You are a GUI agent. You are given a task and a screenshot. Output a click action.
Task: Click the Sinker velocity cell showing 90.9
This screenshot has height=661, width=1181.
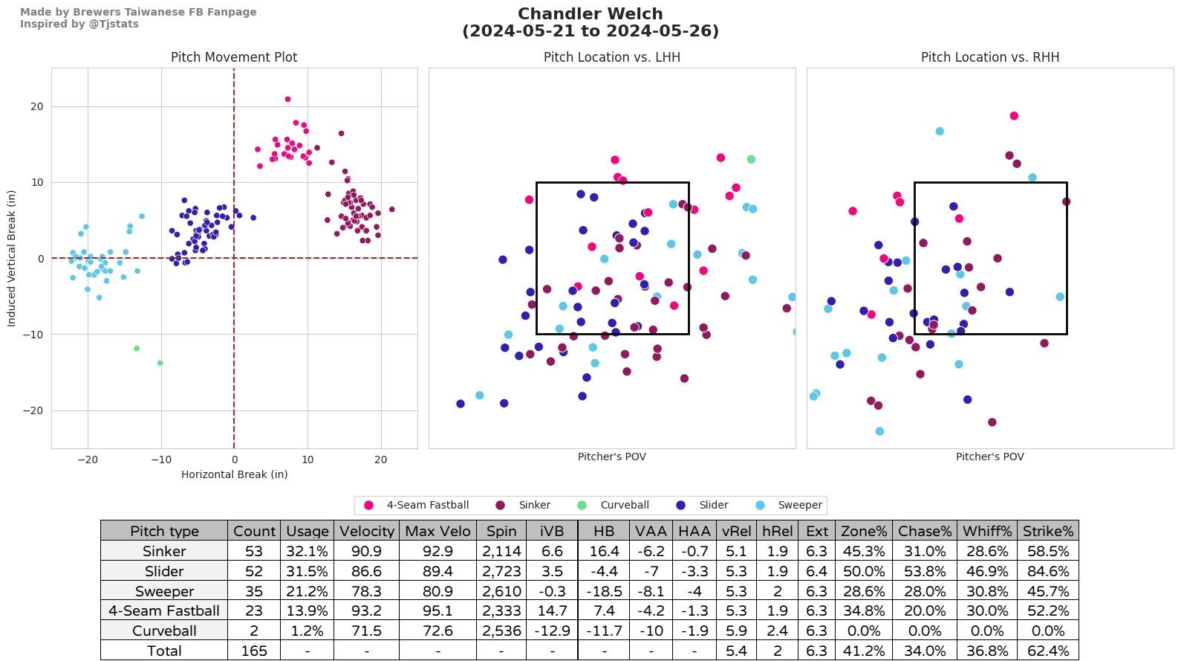click(366, 551)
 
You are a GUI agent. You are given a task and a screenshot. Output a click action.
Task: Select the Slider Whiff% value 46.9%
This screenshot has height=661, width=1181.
click(986, 571)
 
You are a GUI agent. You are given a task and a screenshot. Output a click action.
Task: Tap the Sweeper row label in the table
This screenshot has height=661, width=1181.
click(164, 591)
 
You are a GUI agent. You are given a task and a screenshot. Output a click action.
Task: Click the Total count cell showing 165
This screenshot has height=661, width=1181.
click(254, 651)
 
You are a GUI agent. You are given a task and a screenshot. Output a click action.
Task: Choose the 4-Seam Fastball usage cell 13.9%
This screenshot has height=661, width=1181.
click(307, 610)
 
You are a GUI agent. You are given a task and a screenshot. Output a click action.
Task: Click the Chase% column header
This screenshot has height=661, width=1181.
click(924, 531)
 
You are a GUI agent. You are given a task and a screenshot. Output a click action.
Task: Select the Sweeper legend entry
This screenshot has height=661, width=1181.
click(799, 505)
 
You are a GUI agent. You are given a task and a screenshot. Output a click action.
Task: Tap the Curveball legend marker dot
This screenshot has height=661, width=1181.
click(582, 506)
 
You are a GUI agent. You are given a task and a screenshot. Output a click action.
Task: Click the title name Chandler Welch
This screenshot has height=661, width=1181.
click(590, 14)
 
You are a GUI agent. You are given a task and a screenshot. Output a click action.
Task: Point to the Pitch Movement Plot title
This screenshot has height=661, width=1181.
click(234, 57)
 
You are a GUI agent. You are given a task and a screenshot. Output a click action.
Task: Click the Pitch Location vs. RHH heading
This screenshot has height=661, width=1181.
click(989, 57)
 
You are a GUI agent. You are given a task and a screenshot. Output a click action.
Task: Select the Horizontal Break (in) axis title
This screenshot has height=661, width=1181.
click(234, 474)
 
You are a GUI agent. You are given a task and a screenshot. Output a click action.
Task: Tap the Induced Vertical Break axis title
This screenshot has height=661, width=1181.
click(11, 258)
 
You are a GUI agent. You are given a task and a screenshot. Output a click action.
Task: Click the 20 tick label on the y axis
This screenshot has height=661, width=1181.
click(36, 106)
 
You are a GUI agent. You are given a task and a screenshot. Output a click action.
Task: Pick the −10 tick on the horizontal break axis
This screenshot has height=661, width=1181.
click(160, 460)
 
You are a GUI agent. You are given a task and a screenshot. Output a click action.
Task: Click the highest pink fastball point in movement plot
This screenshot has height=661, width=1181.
click(287, 99)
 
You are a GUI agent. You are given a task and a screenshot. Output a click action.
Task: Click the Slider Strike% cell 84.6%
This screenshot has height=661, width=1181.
click(1047, 571)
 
